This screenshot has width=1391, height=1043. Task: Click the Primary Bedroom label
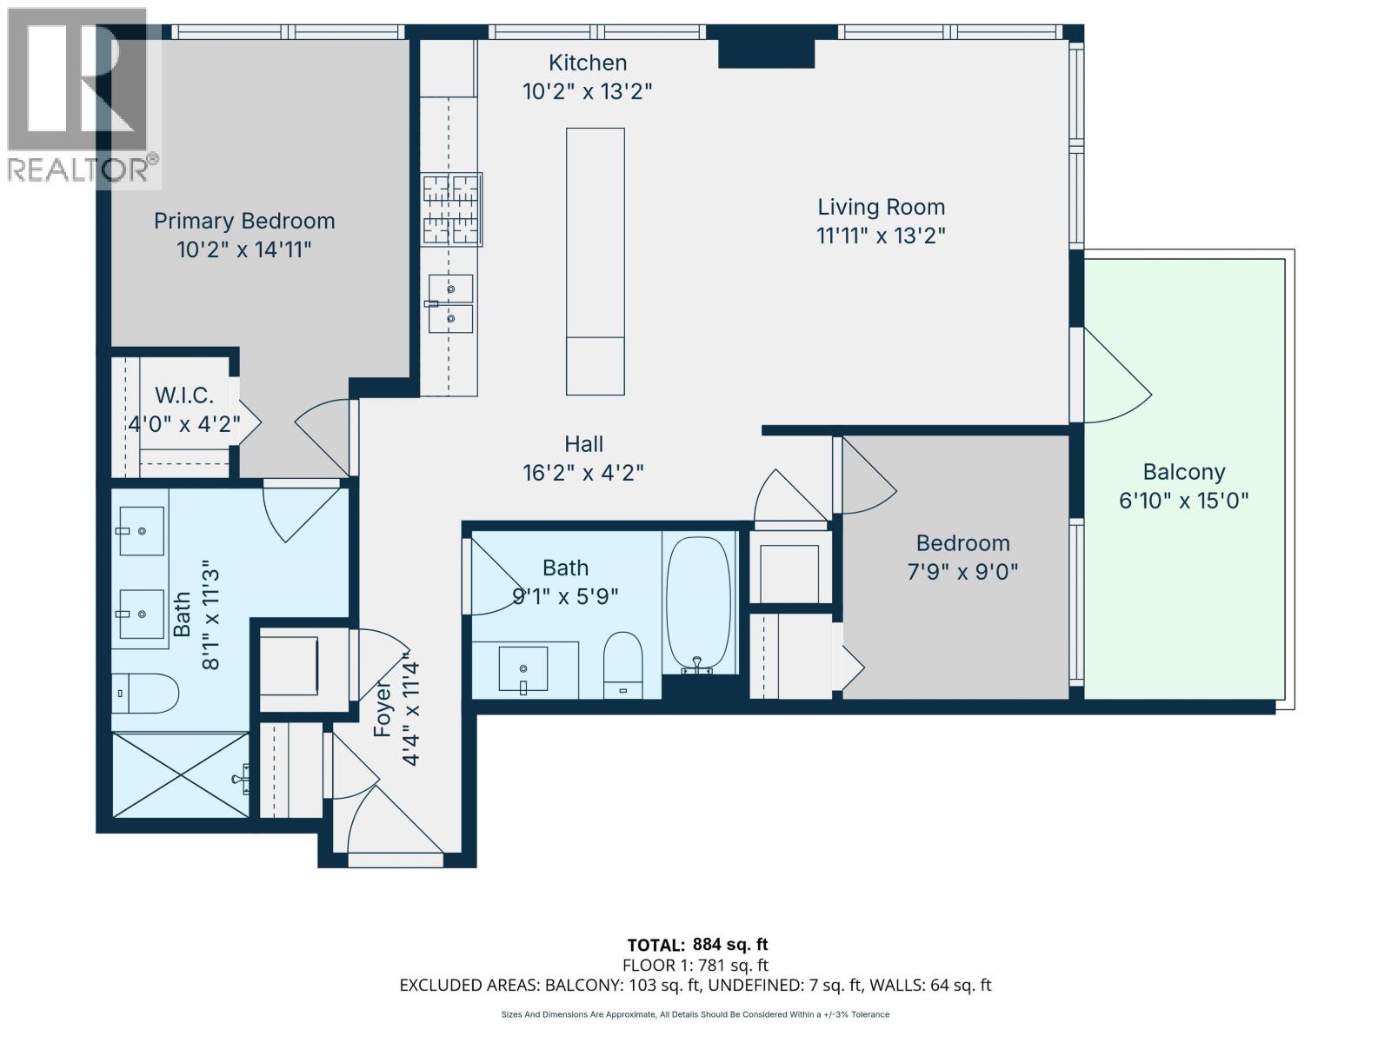[244, 221]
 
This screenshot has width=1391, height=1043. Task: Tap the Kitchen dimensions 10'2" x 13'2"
[587, 91]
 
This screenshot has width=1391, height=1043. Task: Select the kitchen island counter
[595, 261]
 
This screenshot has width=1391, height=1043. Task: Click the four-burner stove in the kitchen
[451, 209]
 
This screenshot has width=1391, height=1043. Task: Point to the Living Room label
[881, 207]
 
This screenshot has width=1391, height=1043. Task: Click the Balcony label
[1183, 472]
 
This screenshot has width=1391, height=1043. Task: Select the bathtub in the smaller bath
[698, 603]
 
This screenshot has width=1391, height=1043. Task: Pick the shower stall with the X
[181, 774]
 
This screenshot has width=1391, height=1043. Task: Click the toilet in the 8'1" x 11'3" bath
[146, 693]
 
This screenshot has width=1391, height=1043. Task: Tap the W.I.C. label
[184, 396]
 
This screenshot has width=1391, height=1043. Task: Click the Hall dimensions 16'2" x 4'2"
[582, 473]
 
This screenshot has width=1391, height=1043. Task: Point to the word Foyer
[383, 708]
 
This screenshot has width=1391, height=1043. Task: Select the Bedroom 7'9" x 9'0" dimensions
[962, 572]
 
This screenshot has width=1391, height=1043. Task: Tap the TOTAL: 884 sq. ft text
[697, 945]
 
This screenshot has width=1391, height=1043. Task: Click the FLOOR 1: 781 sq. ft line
[695, 965]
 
